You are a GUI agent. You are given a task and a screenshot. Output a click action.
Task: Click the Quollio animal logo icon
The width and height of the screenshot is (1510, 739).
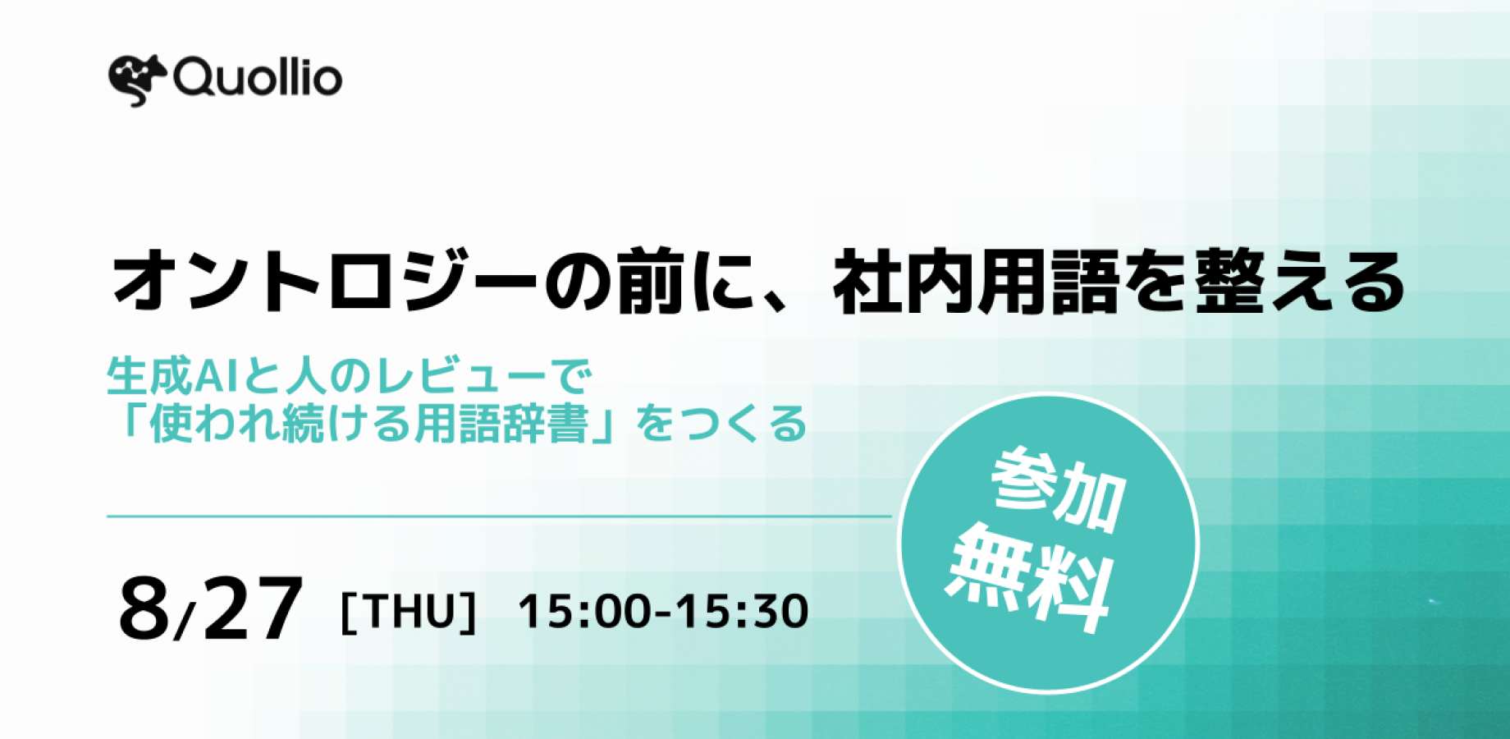click(137, 80)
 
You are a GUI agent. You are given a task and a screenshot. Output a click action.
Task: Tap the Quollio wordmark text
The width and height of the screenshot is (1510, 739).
click(258, 79)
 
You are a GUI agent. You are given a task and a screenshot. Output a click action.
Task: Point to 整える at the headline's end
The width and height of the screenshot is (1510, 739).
click(1300, 282)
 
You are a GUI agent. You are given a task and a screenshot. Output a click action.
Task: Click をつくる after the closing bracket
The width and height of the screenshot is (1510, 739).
click(722, 424)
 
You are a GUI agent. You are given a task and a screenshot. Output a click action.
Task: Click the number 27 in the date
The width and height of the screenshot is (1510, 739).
click(253, 608)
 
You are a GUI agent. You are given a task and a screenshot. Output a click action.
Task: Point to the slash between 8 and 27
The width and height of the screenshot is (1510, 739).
click(185, 620)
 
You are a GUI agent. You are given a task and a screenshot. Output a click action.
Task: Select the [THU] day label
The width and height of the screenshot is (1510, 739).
click(408, 613)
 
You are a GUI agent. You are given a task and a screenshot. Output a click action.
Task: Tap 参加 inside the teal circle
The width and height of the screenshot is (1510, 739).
click(1058, 490)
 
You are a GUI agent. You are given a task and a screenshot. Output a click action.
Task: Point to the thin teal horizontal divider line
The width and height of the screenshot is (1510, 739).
click(499, 516)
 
